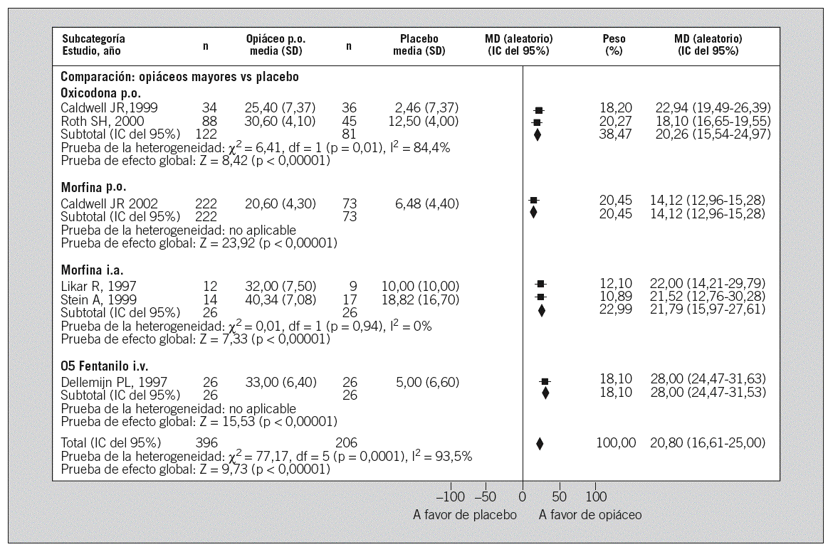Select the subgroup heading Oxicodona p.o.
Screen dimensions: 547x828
[101, 93]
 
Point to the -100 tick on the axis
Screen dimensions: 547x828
[451, 496]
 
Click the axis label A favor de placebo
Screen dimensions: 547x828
[465, 514]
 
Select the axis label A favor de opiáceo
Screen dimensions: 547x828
[590, 514]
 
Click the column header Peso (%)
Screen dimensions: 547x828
[614, 45]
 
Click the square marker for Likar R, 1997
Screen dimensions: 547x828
[541, 284]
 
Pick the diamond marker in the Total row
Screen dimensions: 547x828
[540, 443]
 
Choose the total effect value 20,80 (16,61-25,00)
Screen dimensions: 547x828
[708, 442]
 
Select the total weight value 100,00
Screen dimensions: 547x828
[615, 442]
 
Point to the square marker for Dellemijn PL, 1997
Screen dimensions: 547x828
[545, 382]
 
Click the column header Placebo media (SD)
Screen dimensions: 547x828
[419, 45]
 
